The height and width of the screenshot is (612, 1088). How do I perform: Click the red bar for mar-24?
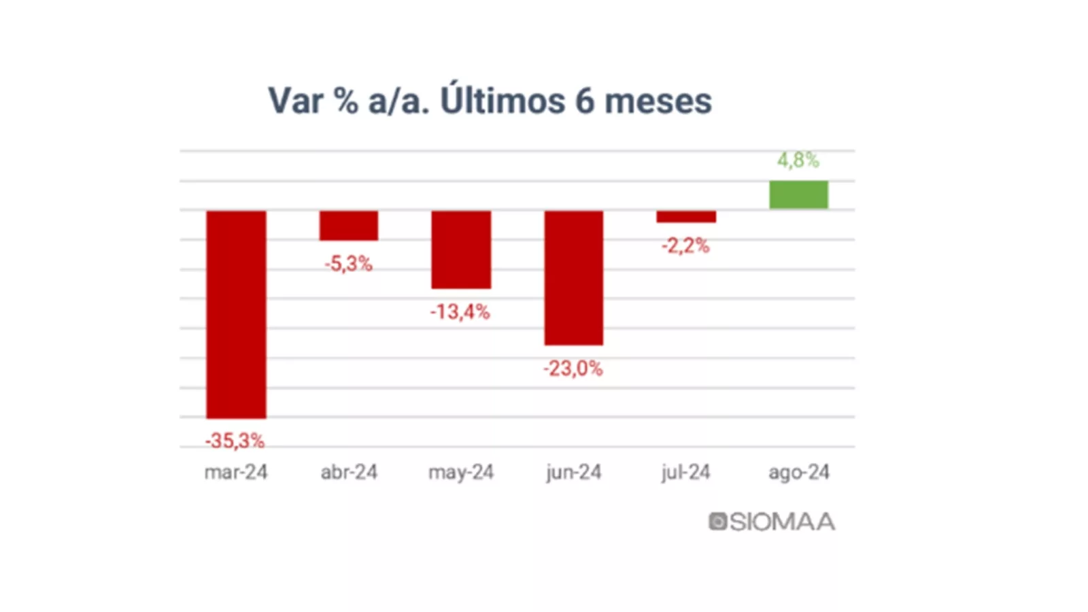(x=236, y=314)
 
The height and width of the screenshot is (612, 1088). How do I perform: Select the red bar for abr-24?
(x=349, y=225)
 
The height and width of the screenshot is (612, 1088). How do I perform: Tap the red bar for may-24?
(x=461, y=250)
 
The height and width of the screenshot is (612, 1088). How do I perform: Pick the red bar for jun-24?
(x=573, y=277)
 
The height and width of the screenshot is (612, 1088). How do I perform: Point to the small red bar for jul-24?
(x=685, y=217)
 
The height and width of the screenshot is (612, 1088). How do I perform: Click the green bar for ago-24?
(x=798, y=194)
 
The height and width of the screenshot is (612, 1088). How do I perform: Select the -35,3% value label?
(x=235, y=441)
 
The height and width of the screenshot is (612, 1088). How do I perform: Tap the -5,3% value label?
(x=348, y=264)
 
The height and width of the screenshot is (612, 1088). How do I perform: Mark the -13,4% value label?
(x=460, y=312)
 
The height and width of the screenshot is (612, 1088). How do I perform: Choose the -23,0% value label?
(x=573, y=369)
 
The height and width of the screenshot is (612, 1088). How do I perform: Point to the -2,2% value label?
(x=685, y=245)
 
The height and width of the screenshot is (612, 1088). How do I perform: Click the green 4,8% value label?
(x=798, y=160)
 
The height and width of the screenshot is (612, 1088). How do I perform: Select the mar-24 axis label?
(x=236, y=472)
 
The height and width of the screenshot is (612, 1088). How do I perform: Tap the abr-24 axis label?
(x=349, y=472)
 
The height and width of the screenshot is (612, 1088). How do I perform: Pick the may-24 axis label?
(x=461, y=473)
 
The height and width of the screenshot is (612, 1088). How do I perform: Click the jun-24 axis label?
(x=573, y=472)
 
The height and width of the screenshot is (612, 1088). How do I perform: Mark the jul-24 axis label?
(x=685, y=472)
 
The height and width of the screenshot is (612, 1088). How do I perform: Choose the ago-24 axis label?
(x=799, y=472)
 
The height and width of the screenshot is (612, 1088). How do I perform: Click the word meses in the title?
(x=658, y=101)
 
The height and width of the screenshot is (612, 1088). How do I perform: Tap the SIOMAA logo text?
(x=781, y=522)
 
